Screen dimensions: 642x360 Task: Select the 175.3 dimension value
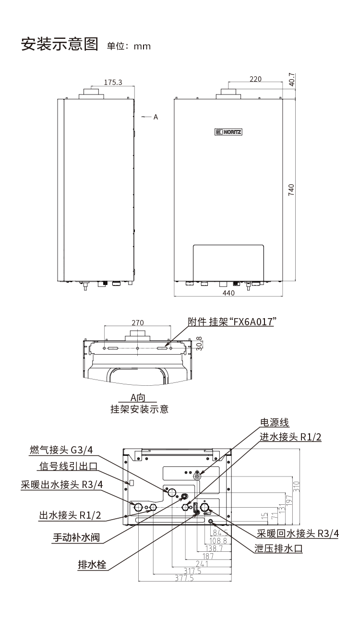(113, 83)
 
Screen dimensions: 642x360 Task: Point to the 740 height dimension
(291, 190)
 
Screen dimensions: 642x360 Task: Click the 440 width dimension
(228, 294)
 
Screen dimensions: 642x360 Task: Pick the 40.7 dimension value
(291, 80)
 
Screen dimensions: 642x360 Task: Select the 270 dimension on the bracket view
(137, 323)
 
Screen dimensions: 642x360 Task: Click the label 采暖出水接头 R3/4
(62, 484)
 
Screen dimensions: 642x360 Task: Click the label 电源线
(274, 423)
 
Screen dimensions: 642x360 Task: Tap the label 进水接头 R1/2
(290, 437)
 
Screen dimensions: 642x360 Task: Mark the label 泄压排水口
(279, 548)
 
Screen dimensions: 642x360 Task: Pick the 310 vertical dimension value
(296, 487)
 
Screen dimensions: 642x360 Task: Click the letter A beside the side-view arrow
(156, 117)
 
